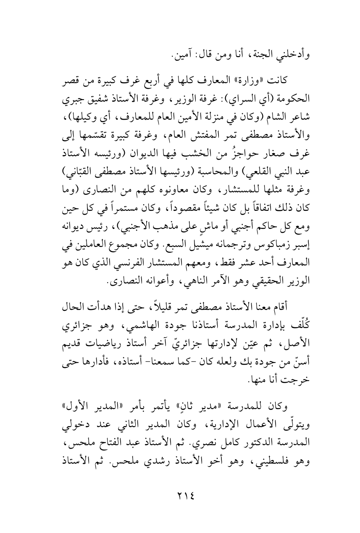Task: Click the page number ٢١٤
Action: click(179, 496)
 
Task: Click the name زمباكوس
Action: click(281, 207)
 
